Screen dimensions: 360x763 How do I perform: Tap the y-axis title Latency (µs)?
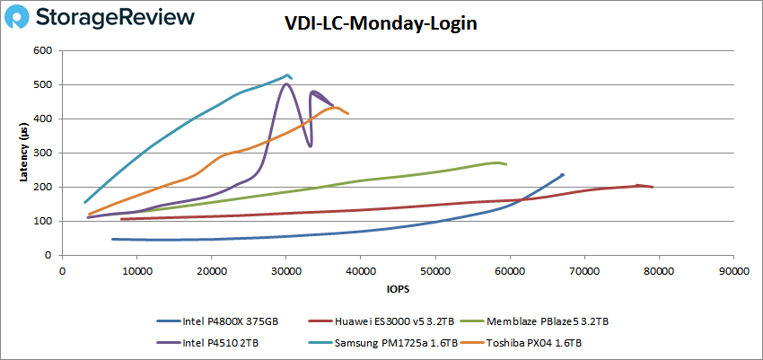pyautogui.click(x=24, y=153)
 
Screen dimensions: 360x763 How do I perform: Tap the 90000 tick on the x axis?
pyautogui.click(x=733, y=269)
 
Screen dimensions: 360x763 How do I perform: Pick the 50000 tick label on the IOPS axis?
pyautogui.click(x=435, y=269)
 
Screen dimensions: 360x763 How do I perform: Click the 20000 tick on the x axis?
pyautogui.click(x=211, y=269)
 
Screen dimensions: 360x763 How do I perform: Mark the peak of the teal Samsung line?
pyautogui.click(x=287, y=75)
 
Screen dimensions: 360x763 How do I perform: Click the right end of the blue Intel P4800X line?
pyautogui.click(x=563, y=174)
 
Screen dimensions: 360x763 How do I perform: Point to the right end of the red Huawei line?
pyautogui.click(x=653, y=187)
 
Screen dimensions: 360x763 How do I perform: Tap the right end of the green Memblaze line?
pyautogui.click(x=506, y=164)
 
